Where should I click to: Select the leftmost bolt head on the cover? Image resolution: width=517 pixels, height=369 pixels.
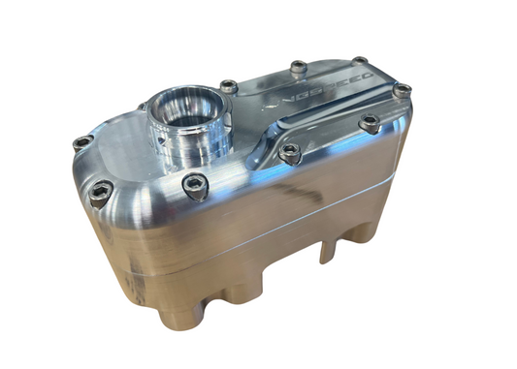point(83,142)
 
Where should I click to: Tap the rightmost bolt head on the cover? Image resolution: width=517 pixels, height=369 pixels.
point(401,91)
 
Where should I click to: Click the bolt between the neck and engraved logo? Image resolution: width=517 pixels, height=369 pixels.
point(229,87)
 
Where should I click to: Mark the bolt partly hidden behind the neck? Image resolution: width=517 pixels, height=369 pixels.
point(143,107)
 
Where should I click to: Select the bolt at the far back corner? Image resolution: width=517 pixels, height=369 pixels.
point(360,62)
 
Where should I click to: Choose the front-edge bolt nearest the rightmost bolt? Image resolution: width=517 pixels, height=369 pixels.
point(369,123)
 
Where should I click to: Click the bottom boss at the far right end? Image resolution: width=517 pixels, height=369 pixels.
point(365,232)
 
